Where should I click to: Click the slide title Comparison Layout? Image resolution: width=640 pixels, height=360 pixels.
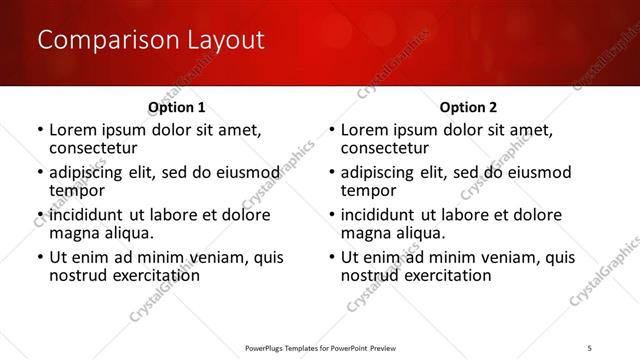(150, 41)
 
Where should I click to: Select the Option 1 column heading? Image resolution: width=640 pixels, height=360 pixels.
(177, 107)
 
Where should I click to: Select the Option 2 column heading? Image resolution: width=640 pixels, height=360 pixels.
(468, 107)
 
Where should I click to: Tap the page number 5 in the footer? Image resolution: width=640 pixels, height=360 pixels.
(590, 347)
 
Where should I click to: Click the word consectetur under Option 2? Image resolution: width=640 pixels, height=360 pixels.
(384, 148)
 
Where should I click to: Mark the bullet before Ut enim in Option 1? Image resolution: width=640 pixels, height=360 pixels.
(39, 257)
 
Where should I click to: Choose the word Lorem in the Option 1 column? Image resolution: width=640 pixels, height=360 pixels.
(73, 130)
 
